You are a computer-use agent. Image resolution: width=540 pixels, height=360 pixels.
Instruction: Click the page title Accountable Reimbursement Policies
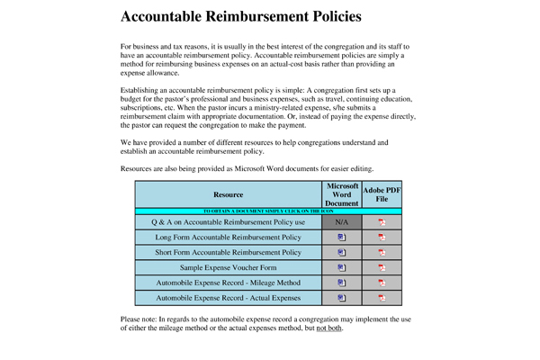point(241,17)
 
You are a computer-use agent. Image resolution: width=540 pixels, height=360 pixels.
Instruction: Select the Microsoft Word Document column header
point(342,194)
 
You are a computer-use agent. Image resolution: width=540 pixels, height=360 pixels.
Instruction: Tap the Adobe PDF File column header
point(382,194)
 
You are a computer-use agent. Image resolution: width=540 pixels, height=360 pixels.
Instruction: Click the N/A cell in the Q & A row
point(342,221)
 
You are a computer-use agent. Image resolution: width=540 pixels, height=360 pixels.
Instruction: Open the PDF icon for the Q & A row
point(382,221)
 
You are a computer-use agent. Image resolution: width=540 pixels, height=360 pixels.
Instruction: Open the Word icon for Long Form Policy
point(342,237)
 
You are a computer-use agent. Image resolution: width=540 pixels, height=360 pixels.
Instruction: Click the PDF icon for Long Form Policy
point(382,237)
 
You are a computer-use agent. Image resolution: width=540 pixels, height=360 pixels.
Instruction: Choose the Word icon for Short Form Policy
point(342,252)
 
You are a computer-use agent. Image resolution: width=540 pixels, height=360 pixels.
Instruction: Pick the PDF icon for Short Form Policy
point(382,252)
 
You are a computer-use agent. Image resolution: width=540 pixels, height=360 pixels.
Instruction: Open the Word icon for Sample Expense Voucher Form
point(342,267)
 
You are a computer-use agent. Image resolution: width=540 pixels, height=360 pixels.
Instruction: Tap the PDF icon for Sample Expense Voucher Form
point(382,267)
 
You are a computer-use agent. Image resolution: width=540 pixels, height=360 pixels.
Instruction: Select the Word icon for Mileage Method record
point(342,282)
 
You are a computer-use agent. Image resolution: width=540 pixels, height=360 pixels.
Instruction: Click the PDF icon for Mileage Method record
point(382,282)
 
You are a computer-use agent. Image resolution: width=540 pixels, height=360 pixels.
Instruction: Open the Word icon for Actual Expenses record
point(342,297)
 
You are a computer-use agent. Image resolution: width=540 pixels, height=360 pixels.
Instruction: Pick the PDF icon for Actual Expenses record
point(382,297)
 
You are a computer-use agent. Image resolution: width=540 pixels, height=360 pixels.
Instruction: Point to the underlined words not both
point(328,328)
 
